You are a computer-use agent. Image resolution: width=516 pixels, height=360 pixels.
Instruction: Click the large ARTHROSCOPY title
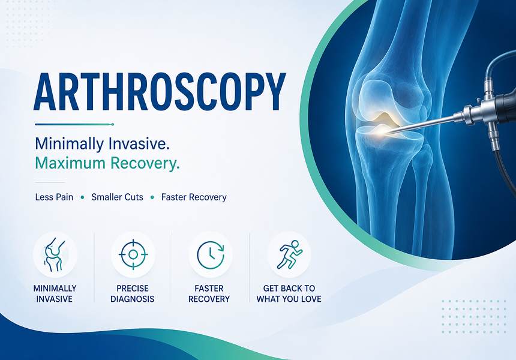tap(160, 91)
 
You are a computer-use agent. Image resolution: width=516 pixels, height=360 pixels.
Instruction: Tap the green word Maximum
tap(70, 163)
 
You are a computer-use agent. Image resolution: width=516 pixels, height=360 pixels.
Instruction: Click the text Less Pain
tap(54, 197)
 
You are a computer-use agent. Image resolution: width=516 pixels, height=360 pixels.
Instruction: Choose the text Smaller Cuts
tap(117, 197)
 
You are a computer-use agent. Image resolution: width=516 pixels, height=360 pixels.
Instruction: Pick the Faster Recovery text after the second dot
tap(194, 197)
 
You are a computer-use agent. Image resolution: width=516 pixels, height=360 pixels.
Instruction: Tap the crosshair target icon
tap(133, 254)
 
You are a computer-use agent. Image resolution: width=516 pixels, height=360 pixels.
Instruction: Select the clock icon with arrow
tap(211, 255)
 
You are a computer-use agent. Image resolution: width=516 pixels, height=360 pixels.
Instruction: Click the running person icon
tap(289, 254)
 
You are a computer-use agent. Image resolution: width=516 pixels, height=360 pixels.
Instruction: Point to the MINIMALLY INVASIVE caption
tap(55, 293)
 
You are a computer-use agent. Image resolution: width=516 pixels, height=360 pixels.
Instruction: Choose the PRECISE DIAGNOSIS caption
tap(132, 293)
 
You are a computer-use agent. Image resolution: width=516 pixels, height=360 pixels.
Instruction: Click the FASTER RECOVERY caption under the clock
tap(209, 293)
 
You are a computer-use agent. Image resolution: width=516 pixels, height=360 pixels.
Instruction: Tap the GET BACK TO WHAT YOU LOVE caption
tap(289, 293)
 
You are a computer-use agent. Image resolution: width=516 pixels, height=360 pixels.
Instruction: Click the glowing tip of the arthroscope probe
tap(384, 133)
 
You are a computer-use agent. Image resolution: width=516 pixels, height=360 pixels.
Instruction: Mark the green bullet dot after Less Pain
tap(82, 197)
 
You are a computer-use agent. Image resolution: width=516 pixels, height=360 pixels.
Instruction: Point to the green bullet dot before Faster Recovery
tap(152, 197)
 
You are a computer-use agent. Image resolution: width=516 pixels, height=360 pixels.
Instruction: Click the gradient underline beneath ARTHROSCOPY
tap(74, 124)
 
